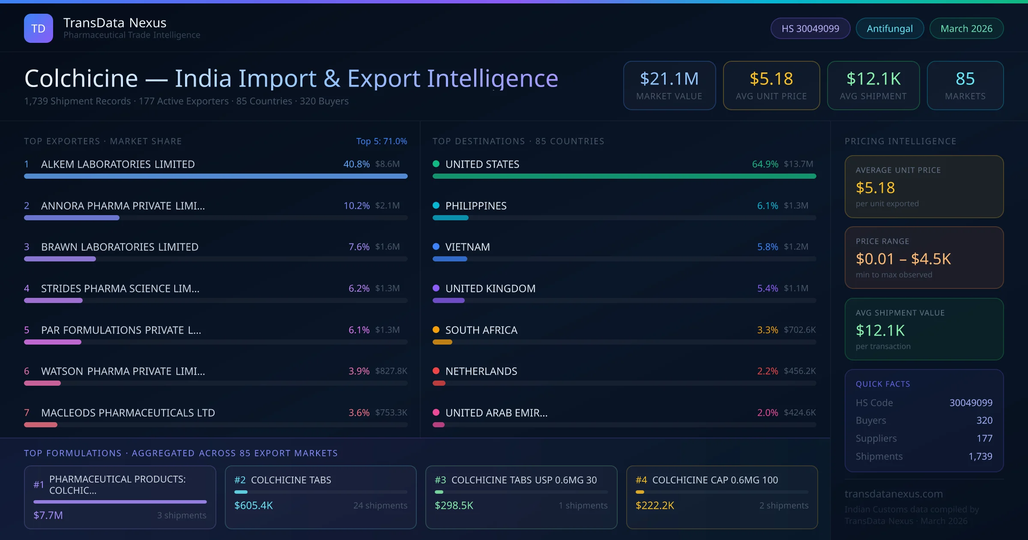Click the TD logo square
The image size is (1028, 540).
(39, 28)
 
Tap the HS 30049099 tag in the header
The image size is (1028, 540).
(810, 28)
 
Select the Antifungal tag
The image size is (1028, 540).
(890, 28)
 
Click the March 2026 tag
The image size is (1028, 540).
(966, 28)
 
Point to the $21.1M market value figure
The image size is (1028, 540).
(669, 79)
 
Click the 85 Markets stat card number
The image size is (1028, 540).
(965, 79)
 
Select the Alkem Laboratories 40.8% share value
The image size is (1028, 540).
(356, 164)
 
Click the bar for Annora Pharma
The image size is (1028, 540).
(72, 218)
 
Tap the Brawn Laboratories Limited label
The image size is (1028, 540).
(120, 247)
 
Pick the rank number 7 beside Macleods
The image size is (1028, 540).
(27, 413)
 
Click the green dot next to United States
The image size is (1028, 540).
(436, 164)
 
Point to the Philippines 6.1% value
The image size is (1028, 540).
(767, 206)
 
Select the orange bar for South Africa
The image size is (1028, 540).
(442, 342)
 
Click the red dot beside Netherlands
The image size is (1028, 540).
(436, 371)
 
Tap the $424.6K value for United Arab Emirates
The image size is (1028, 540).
(800, 413)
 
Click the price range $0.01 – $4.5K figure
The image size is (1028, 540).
(903, 259)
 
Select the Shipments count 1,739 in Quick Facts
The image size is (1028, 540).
(980, 456)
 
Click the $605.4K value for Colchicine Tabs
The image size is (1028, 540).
(254, 506)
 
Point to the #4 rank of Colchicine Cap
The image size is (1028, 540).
(641, 480)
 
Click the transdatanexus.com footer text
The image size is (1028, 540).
(894, 494)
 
